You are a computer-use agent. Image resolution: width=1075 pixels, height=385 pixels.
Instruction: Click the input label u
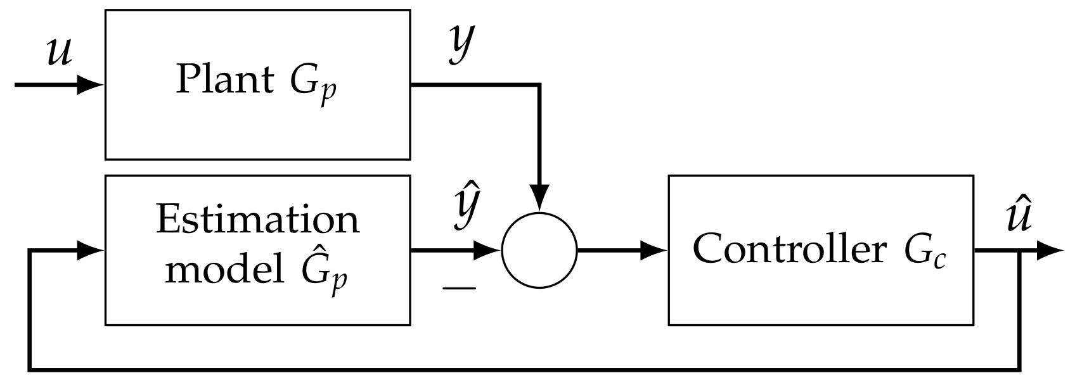pyautogui.click(x=60, y=53)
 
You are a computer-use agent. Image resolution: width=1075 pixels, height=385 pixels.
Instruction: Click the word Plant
pyautogui.click(x=224, y=81)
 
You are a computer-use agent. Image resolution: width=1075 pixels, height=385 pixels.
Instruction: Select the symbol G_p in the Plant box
pyautogui.click(x=313, y=85)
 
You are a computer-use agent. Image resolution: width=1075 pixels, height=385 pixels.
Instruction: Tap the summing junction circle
pyautogui.click(x=539, y=250)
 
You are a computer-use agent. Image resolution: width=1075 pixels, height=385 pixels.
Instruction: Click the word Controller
pyautogui.click(x=789, y=248)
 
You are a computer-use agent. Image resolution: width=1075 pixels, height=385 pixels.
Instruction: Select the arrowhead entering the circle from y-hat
pyautogui.click(x=487, y=250)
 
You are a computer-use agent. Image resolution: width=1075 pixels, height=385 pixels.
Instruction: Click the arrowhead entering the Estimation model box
pyautogui.click(x=91, y=250)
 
